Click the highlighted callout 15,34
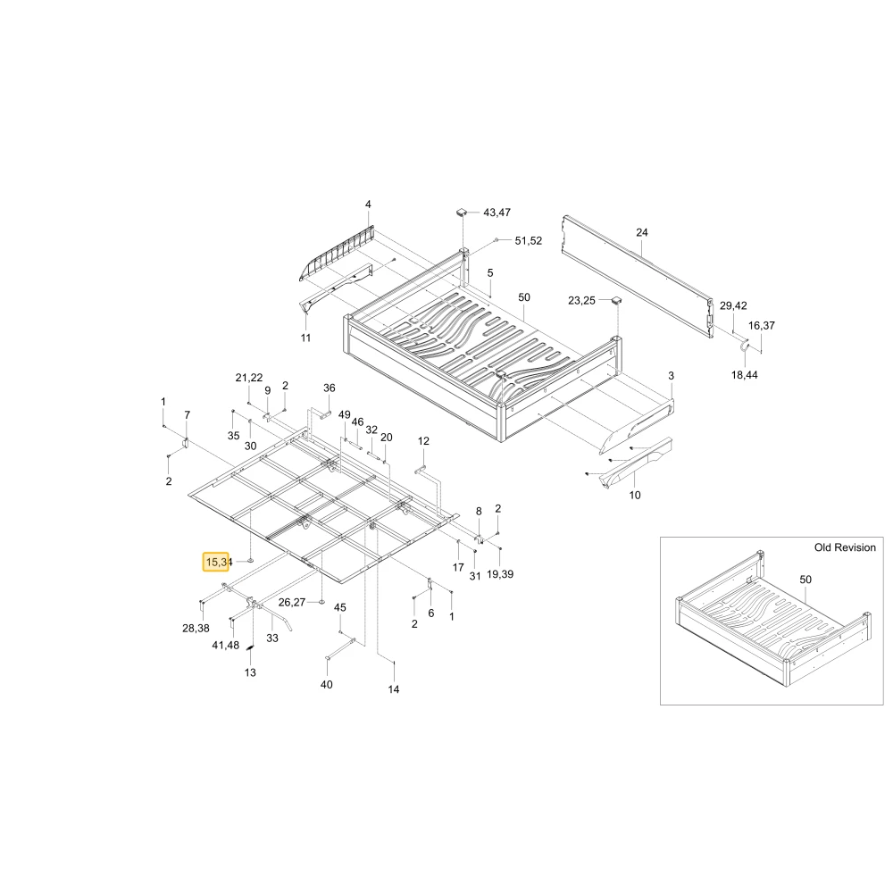(x=216, y=562)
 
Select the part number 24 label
(x=642, y=232)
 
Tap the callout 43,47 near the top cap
(x=497, y=213)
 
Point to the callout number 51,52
(x=528, y=241)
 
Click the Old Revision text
(x=845, y=547)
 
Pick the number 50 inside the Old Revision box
(x=805, y=580)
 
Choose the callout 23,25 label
(x=581, y=300)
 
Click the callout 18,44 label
(x=745, y=375)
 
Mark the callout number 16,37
(x=762, y=325)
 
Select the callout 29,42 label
(x=733, y=305)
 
